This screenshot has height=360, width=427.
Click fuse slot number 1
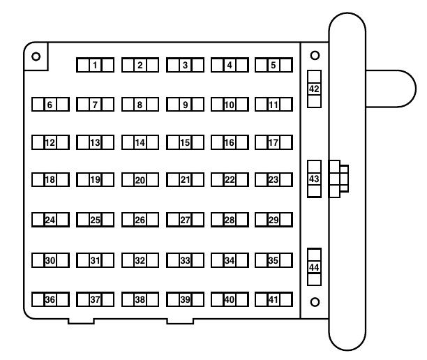(95, 65)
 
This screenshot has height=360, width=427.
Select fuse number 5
(274, 65)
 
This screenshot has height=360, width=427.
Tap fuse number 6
(50, 104)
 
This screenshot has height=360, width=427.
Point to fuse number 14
(140, 142)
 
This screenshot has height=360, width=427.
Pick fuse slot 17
(274, 142)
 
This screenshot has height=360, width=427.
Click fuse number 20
(140, 180)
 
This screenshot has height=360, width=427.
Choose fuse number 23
(274, 180)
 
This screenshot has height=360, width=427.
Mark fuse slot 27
(185, 220)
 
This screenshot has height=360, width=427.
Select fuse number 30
(50, 260)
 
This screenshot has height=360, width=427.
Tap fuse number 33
(185, 260)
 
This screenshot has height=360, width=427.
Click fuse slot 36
(50, 299)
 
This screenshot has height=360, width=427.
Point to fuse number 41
(274, 299)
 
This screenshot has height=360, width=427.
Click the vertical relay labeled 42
(314, 89)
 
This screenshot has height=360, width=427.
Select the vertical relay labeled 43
(314, 179)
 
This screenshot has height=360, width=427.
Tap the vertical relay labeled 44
(314, 267)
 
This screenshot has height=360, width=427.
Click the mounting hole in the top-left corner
(36, 57)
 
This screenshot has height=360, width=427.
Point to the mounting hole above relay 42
(315, 55)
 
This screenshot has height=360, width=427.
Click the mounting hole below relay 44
(315, 302)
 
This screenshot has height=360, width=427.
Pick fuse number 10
(230, 104)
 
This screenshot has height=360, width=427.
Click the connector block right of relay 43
(338, 179)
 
